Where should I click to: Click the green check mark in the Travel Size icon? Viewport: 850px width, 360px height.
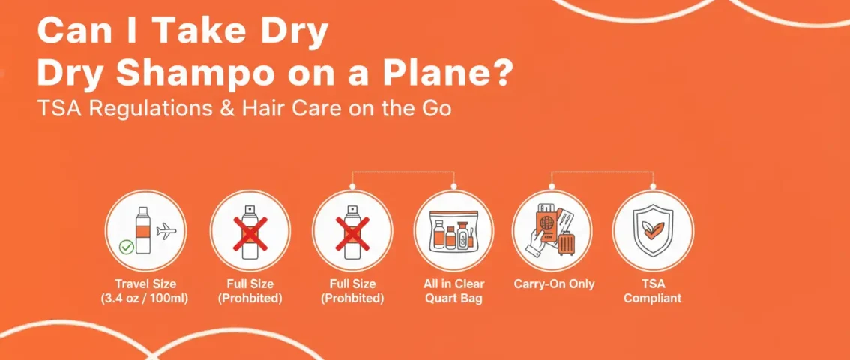click(127, 246)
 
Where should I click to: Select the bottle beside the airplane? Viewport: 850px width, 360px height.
click(141, 228)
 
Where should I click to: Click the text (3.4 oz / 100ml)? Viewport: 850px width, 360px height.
click(145, 298)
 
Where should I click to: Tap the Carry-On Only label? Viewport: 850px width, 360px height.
click(554, 283)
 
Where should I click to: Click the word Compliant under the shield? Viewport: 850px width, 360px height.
click(653, 298)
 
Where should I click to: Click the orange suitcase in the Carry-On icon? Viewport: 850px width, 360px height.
click(566, 238)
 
